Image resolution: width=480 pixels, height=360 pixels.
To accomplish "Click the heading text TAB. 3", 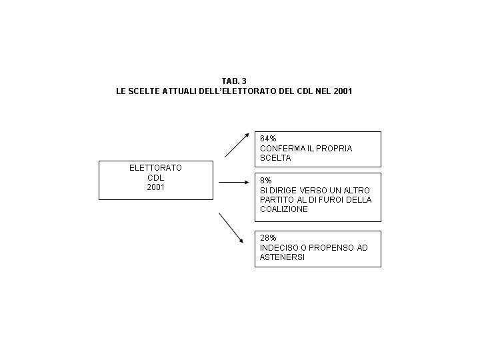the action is (x=234, y=81).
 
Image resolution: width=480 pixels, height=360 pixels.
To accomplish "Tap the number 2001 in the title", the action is (x=343, y=91).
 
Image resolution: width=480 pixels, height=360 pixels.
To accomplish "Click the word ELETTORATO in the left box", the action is (x=155, y=168).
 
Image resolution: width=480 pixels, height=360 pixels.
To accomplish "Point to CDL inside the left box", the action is (x=155, y=178).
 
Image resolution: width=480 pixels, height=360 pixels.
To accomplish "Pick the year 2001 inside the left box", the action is (x=155, y=187).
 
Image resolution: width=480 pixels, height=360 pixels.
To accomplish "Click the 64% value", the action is (x=268, y=139).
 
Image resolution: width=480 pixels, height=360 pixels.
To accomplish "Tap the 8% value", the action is (x=266, y=181).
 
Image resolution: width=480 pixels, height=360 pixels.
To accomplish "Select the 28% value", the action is (x=268, y=238).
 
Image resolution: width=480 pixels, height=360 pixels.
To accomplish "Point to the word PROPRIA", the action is (x=334, y=149).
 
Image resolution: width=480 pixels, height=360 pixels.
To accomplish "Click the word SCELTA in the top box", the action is (x=275, y=158).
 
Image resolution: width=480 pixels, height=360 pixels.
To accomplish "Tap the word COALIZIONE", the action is (x=284, y=209).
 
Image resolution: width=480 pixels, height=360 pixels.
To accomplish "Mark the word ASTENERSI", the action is (x=282, y=257).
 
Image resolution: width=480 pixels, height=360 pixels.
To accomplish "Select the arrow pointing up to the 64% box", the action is (x=237, y=145).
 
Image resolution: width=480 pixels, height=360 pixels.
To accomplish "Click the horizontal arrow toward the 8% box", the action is (x=234, y=183).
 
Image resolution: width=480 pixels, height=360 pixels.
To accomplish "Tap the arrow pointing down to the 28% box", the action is (x=231, y=228).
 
